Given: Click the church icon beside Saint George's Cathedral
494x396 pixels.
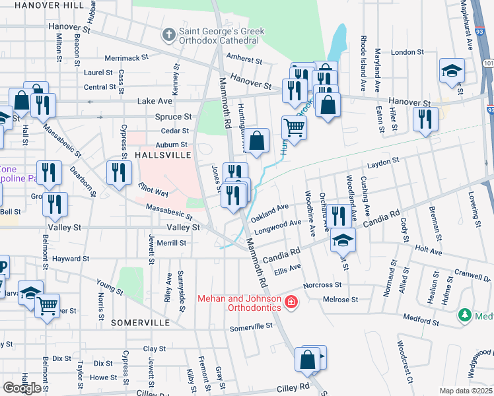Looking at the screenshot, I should coord(169,33).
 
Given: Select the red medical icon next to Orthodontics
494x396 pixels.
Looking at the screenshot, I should coord(291,303).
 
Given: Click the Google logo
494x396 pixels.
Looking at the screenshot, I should coord(21,388).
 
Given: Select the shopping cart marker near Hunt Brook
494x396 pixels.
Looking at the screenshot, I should coord(294,127).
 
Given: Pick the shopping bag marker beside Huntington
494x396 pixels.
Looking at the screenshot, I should coord(258,141).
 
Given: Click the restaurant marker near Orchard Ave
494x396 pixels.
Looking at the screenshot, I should coord(339,215).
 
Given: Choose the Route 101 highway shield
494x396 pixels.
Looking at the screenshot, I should coord(487,63).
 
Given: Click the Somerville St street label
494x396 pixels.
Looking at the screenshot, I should coord(251,327).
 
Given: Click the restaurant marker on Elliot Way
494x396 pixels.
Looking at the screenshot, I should coord(119,173).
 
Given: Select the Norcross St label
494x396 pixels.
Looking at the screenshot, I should coord(322,285).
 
